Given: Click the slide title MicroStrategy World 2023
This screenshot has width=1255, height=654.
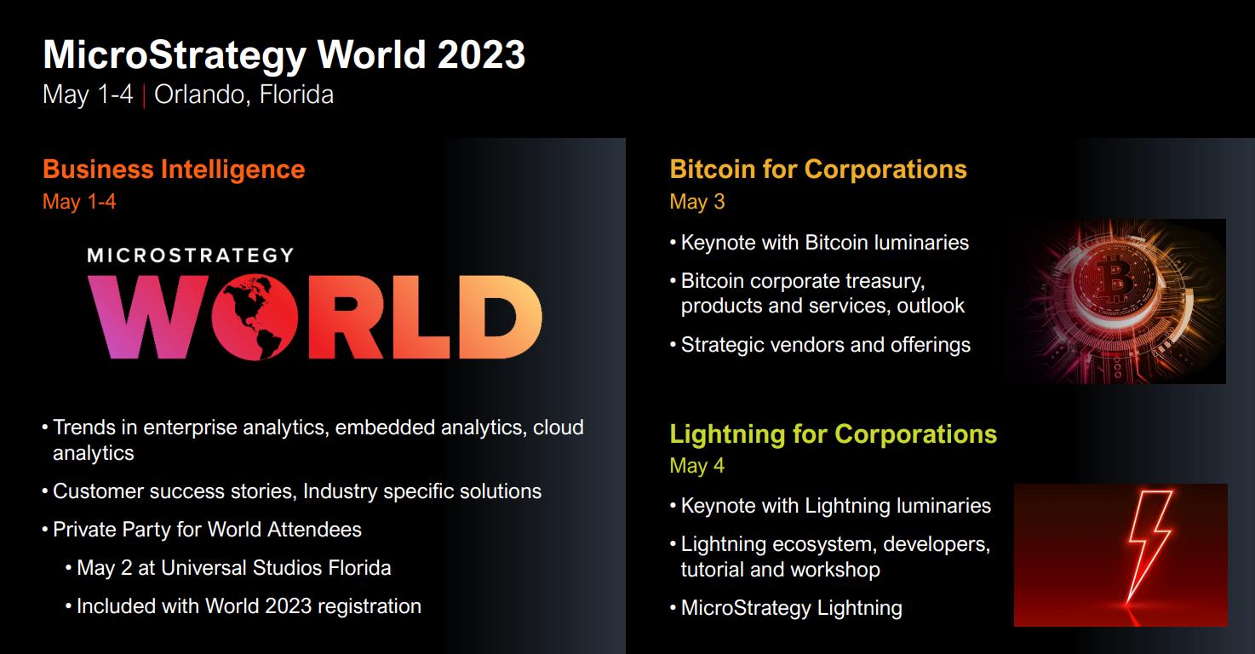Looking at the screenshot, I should (x=284, y=55).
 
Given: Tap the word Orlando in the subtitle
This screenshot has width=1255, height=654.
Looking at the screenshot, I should (x=201, y=94).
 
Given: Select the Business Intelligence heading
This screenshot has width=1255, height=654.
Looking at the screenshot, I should (x=174, y=169).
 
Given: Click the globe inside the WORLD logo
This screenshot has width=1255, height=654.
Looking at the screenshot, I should (x=261, y=317).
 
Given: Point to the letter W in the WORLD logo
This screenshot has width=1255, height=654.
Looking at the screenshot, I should (x=148, y=317).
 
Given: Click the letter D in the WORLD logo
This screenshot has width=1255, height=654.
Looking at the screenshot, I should (x=499, y=317).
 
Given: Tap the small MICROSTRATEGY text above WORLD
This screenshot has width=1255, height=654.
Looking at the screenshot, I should (x=190, y=255).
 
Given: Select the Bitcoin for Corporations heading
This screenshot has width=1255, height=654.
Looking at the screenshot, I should (x=818, y=169).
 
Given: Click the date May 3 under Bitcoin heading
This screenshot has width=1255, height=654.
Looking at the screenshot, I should (x=697, y=202).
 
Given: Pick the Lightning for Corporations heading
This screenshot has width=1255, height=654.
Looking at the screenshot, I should (x=833, y=433).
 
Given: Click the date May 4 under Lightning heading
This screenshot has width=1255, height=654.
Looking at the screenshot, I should (x=697, y=466).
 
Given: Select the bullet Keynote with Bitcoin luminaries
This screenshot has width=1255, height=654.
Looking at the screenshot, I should (x=824, y=243).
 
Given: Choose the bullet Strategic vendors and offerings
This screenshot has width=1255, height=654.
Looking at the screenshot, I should (x=825, y=345).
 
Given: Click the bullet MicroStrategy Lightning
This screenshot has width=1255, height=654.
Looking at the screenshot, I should (x=791, y=608).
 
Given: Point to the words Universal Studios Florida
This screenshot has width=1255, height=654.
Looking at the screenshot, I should (x=276, y=568).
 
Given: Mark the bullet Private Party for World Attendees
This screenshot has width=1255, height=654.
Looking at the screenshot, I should (x=207, y=530).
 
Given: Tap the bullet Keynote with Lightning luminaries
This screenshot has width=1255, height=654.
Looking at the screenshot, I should (x=835, y=506).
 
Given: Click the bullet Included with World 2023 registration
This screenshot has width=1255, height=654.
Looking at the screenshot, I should (x=249, y=606).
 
